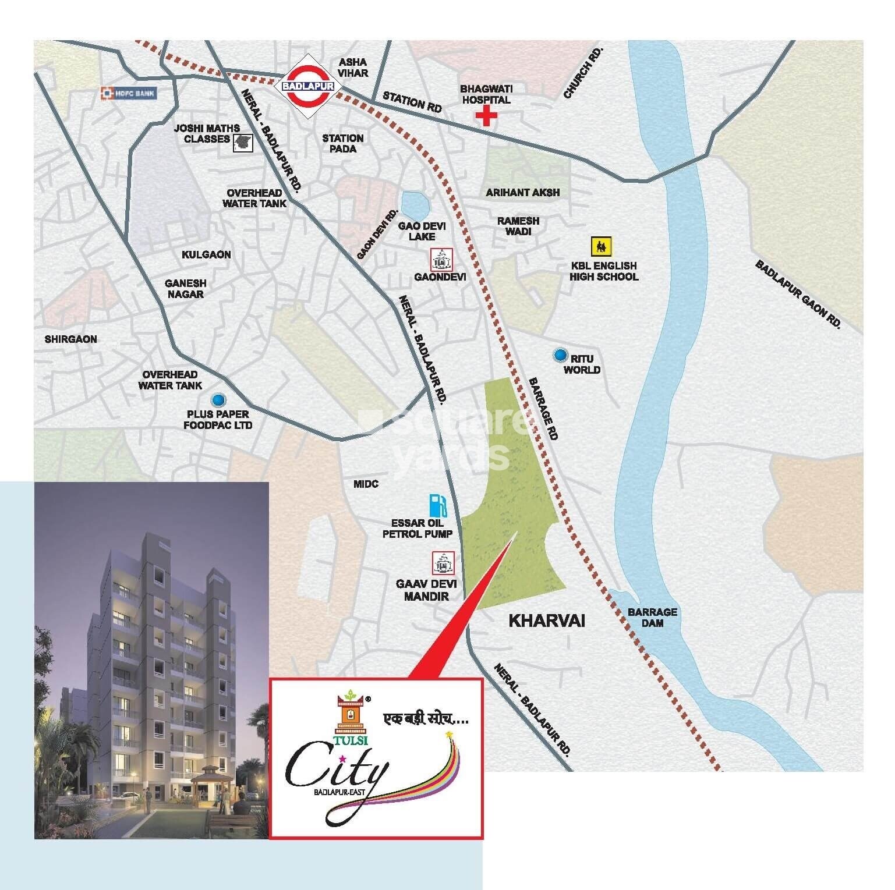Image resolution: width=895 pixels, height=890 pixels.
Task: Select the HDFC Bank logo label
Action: tap(129, 93)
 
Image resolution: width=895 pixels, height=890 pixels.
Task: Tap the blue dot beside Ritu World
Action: tap(560, 354)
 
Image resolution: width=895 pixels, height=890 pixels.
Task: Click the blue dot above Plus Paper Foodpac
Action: tap(218, 399)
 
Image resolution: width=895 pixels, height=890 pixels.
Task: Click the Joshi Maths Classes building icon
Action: tap(243, 141)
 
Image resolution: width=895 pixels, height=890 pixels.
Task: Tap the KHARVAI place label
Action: tap(547, 620)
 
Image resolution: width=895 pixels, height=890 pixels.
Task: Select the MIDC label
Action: tap(366, 484)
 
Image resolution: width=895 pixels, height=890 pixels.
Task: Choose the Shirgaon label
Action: tap(71, 339)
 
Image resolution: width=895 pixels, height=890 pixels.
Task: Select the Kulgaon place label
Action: tap(206, 254)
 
